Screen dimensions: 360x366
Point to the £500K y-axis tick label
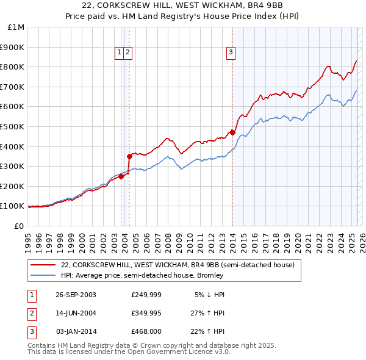coord(13,127)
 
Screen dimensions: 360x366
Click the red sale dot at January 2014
coord(232,132)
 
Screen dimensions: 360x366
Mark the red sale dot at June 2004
coord(129,156)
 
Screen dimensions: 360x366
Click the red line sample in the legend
coord(43,265)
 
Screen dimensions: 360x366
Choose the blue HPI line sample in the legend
coord(43,275)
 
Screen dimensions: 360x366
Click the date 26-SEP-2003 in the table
coord(76,295)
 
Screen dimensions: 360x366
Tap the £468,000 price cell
coord(146,331)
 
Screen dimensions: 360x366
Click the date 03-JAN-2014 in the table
coord(76,331)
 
